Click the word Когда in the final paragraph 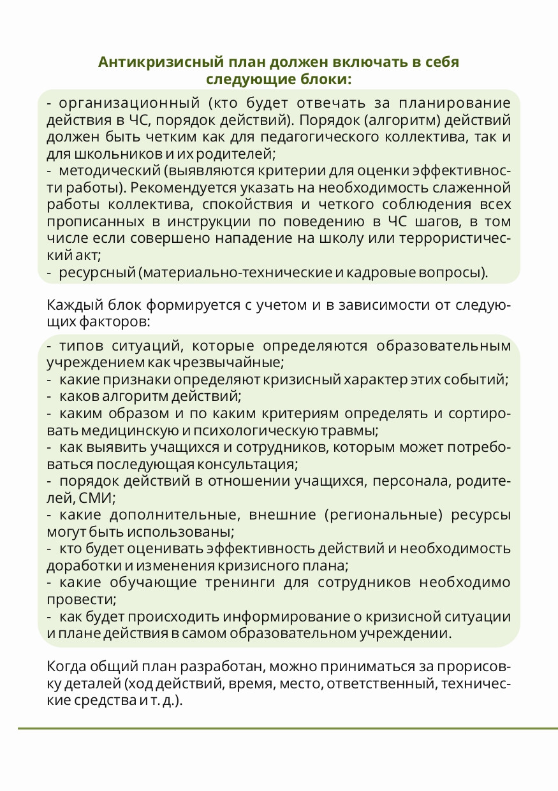70,667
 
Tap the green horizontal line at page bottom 287,728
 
